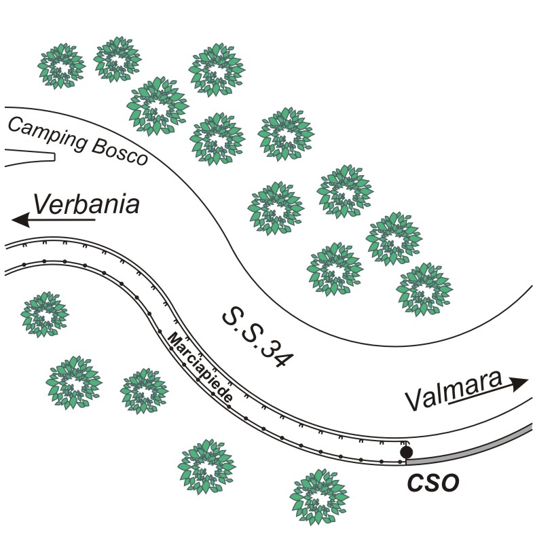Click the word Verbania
87,204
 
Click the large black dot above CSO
406,451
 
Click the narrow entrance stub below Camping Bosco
27,158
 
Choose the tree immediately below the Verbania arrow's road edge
45,314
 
